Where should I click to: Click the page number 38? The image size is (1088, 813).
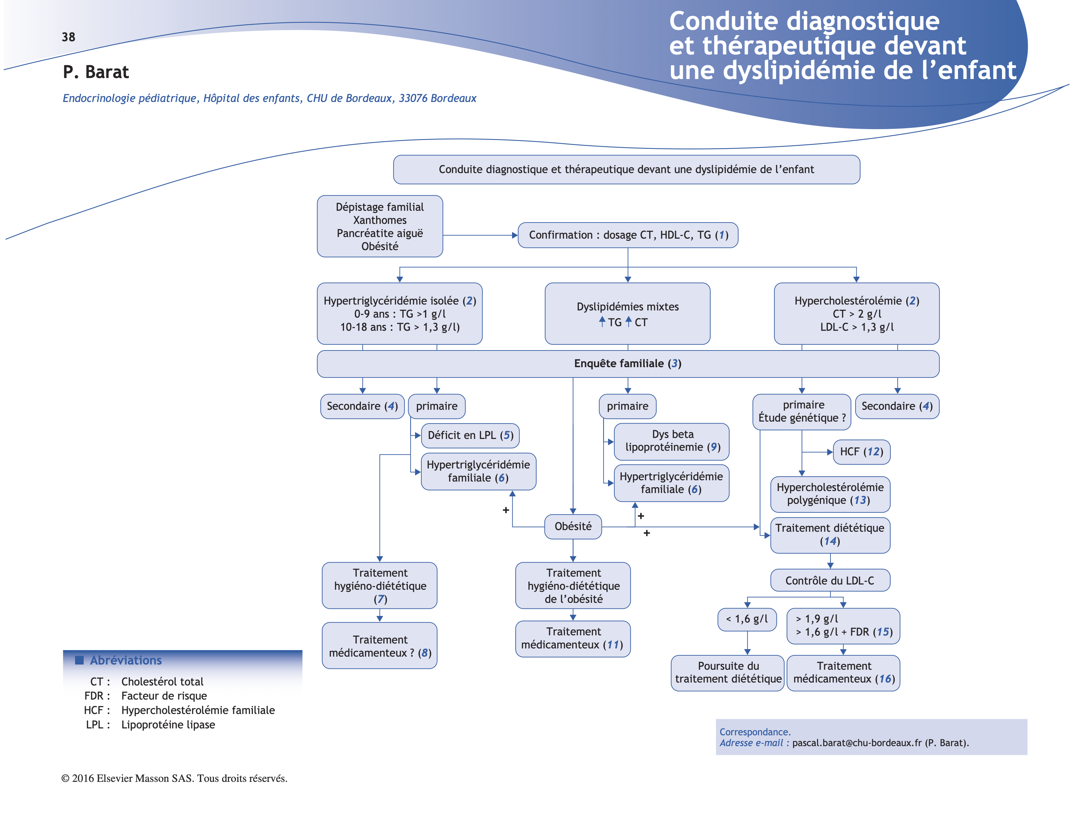click(68, 37)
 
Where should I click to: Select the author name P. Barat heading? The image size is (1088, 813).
click(96, 72)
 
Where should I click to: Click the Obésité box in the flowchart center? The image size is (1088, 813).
click(573, 526)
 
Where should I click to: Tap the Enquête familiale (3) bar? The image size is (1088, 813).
click(628, 364)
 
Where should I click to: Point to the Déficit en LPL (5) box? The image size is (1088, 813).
click(470, 436)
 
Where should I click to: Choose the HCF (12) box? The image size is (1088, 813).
click(861, 452)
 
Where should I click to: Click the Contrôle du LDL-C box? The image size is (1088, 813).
click(830, 581)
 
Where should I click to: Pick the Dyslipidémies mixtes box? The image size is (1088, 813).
click(628, 313)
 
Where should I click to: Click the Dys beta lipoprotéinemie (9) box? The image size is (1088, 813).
click(672, 441)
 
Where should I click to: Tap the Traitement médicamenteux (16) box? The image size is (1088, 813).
click(844, 673)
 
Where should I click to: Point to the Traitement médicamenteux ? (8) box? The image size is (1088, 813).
click(380, 646)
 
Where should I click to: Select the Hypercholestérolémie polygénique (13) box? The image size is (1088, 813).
click(830, 494)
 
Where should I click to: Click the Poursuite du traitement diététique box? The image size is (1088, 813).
click(728, 673)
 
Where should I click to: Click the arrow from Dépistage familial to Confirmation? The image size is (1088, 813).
click(480, 235)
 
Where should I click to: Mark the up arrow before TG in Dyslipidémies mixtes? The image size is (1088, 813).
click(602, 322)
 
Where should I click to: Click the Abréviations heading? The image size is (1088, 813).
click(125, 661)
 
